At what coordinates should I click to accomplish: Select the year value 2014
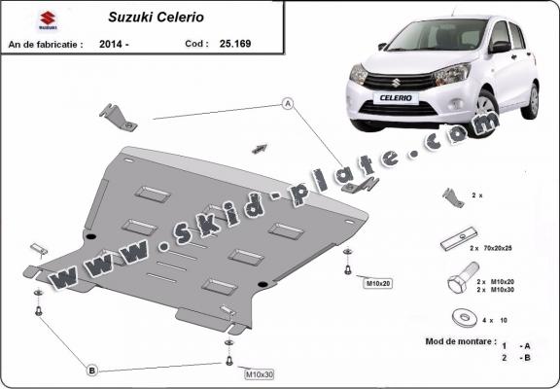click(113, 44)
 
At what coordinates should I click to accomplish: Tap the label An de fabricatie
click(45, 44)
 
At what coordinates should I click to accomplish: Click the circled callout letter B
click(90, 370)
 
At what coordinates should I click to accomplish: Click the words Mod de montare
click(461, 342)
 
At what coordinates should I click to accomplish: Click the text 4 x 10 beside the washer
click(496, 319)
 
